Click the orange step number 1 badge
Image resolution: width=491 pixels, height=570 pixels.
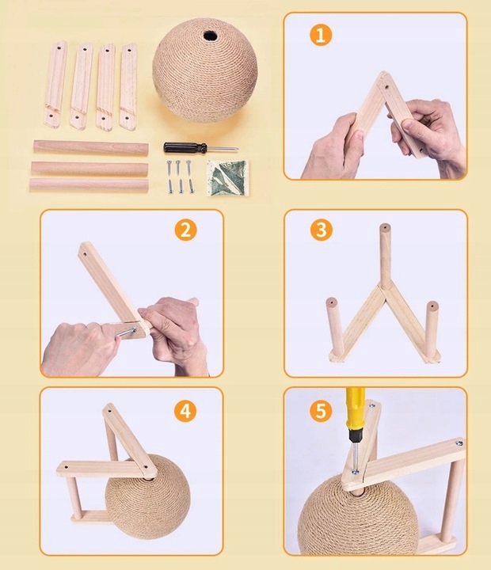(321, 36)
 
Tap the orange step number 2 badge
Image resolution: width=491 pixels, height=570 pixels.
(186, 230)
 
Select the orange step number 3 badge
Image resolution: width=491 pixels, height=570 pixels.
(322, 230)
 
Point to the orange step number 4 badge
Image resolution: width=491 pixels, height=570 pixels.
(185, 411)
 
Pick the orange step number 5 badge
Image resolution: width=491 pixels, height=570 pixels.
(322, 411)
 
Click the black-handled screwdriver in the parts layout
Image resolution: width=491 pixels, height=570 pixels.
(200, 147)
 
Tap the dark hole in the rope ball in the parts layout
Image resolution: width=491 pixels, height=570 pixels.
(210, 36)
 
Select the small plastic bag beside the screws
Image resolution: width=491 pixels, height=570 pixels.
(227, 178)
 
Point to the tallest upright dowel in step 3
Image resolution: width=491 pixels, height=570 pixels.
(386, 256)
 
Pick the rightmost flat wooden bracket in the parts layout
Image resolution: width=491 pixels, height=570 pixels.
(128, 87)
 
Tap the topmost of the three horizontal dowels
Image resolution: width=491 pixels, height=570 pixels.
(91, 148)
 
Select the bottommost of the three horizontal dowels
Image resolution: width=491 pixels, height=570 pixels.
(89, 184)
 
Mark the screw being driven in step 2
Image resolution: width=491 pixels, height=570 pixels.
(126, 332)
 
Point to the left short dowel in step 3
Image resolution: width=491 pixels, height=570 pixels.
(335, 326)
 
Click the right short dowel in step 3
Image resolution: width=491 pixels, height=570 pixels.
(432, 329)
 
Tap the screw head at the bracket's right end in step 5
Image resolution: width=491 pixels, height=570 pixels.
(459, 443)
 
